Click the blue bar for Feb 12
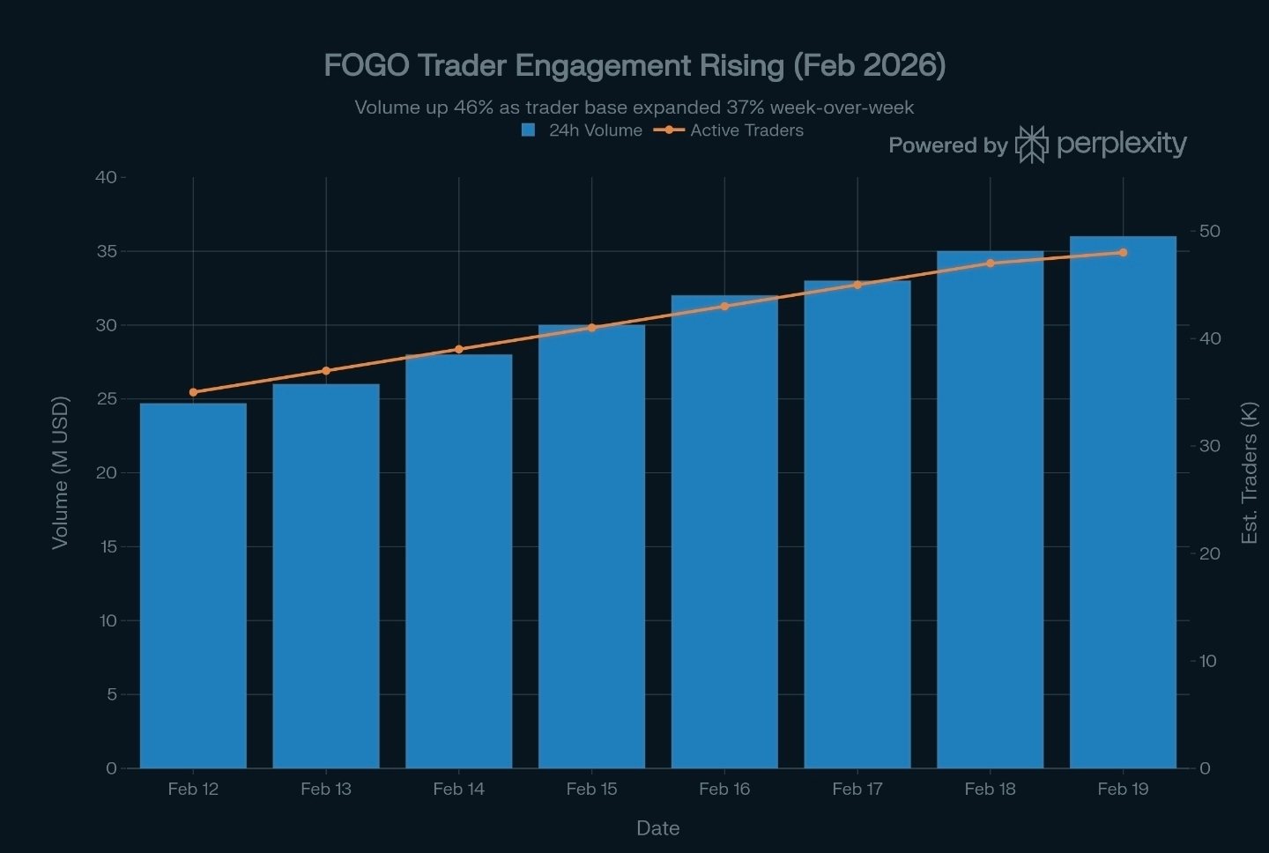point(193,585)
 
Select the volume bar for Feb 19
point(1123,502)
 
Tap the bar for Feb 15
point(591,546)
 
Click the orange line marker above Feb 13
point(326,371)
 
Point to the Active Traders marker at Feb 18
point(991,263)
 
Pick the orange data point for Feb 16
point(724,307)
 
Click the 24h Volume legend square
point(529,130)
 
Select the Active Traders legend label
point(746,130)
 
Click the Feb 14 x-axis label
point(458,790)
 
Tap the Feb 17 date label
point(857,790)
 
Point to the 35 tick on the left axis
point(106,252)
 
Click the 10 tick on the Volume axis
point(108,621)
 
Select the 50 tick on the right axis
point(1209,231)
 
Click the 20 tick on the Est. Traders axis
point(1209,553)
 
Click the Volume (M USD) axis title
point(60,472)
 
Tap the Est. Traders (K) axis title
point(1249,472)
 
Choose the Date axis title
point(657,828)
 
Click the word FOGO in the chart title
point(366,65)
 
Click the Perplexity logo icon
point(1031,144)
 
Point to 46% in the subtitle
point(473,108)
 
